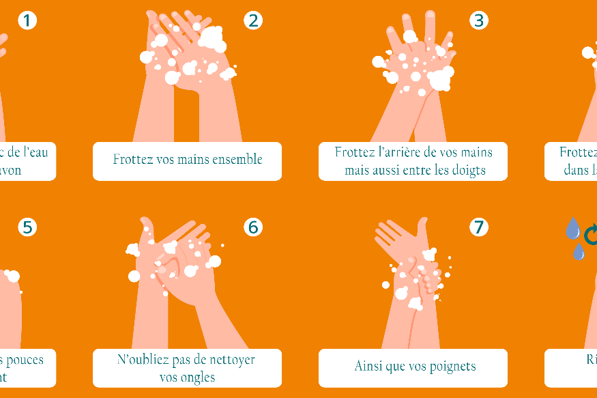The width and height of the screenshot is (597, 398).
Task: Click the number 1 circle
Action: pyautogui.click(x=27, y=20)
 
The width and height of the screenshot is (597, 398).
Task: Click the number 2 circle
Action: pyautogui.click(x=253, y=20)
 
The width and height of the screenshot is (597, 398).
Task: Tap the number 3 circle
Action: pyautogui.click(x=479, y=20)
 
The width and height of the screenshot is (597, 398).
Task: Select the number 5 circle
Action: pyautogui.click(x=27, y=227)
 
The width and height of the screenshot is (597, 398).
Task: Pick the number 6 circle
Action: pyautogui.click(x=253, y=227)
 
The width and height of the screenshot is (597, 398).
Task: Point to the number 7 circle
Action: pyautogui.click(x=479, y=227)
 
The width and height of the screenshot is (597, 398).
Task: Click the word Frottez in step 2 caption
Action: pyautogui.click(x=132, y=159)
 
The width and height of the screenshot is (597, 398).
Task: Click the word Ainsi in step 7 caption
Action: pyautogui.click(x=369, y=367)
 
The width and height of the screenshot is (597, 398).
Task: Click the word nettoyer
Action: pyautogui.click(x=231, y=359)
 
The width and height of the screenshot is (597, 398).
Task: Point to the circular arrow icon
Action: pyautogui.click(x=591, y=233)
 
